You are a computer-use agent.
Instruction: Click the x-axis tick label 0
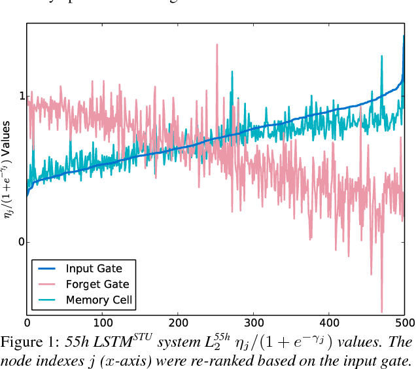click(x=27, y=323)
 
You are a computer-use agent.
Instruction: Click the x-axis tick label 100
click(x=102, y=323)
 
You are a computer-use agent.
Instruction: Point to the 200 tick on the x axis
click(x=178, y=323)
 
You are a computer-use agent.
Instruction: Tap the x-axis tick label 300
click(x=253, y=323)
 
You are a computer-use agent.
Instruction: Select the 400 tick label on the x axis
click(x=329, y=323)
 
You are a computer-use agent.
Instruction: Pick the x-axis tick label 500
click(x=404, y=323)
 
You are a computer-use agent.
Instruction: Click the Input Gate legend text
click(x=94, y=268)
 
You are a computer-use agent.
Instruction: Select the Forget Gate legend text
click(x=97, y=284)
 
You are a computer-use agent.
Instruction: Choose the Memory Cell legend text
click(x=99, y=300)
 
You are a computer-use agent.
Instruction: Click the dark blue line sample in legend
click(x=47, y=268)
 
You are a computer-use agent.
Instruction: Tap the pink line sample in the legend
click(x=47, y=284)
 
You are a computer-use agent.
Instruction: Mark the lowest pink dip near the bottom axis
click(x=381, y=311)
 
